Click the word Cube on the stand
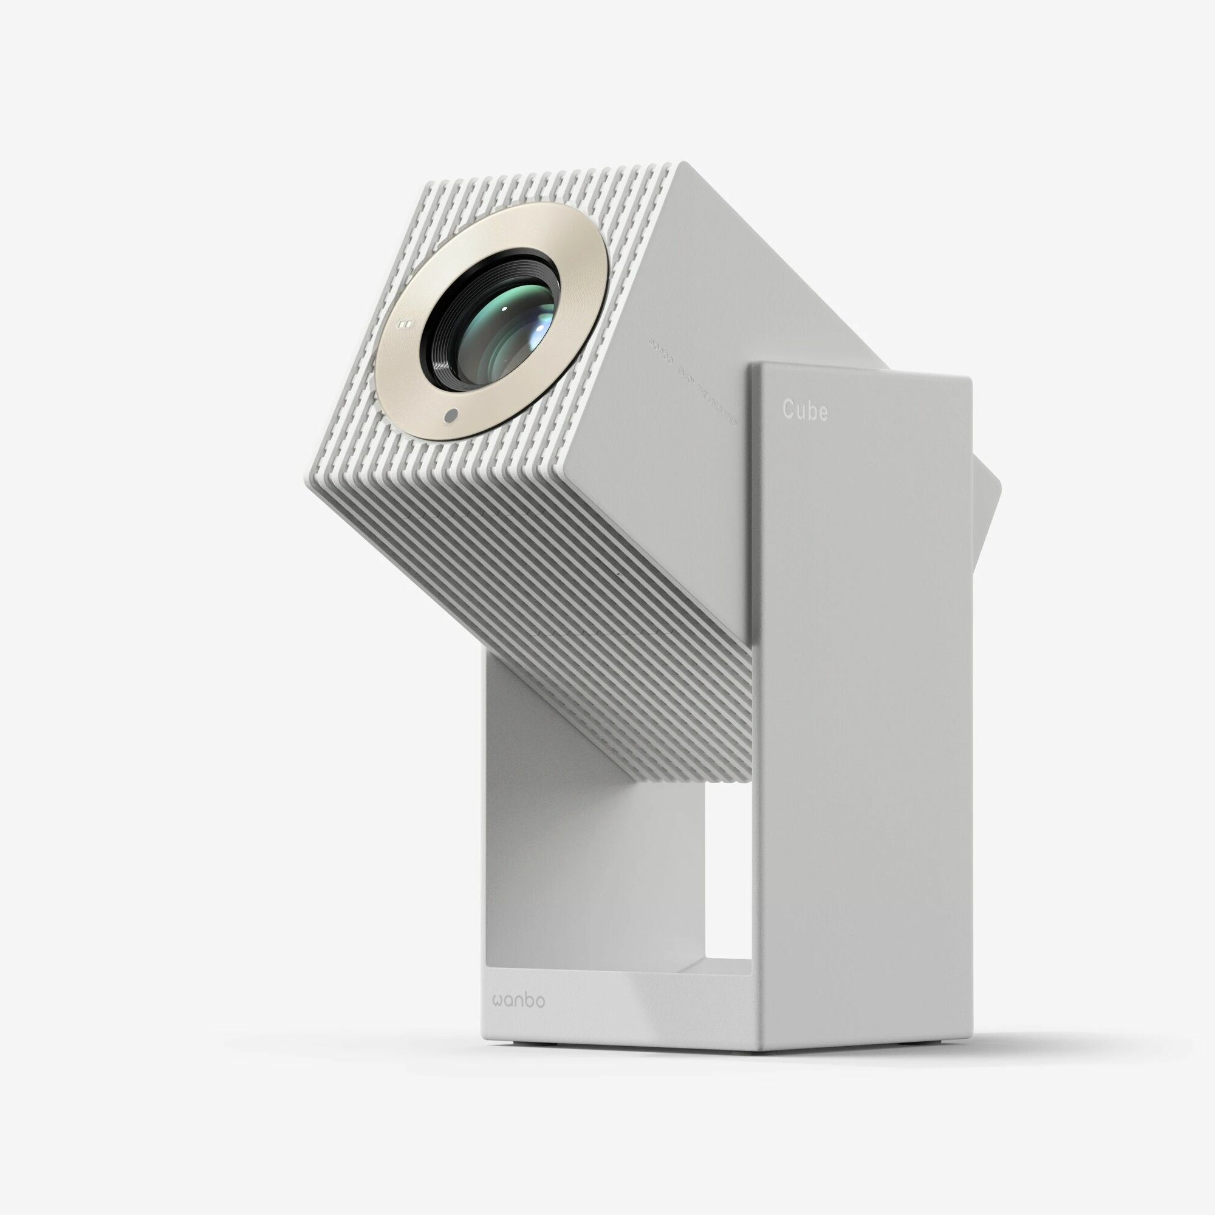[804, 410]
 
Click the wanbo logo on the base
[519, 1001]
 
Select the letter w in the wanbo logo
[499, 1001]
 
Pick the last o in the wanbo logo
[539, 1001]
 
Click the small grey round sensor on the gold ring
[450, 416]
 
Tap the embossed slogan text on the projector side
[692, 383]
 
